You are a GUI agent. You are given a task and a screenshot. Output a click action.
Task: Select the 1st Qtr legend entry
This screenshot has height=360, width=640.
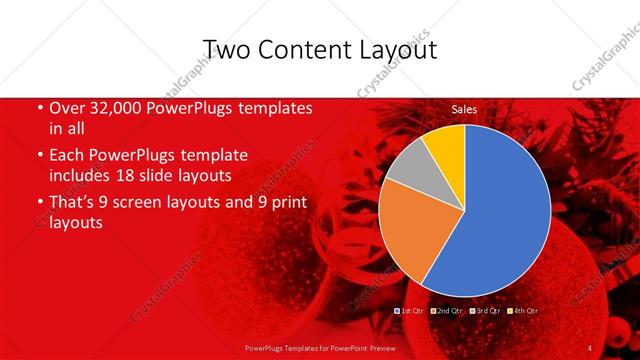(411, 311)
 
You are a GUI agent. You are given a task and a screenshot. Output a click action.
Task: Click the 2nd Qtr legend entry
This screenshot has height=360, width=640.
(448, 311)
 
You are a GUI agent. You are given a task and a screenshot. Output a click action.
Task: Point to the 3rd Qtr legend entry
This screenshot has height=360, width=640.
(486, 311)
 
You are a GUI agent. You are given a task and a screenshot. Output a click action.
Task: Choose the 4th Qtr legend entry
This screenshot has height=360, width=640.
(524, 311)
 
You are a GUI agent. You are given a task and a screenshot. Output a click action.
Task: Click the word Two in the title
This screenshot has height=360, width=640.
(227, 50)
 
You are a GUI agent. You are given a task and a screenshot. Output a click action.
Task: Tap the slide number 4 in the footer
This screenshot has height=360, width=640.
(590, 347)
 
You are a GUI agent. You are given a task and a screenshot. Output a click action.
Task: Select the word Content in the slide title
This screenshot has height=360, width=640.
(306, 50)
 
